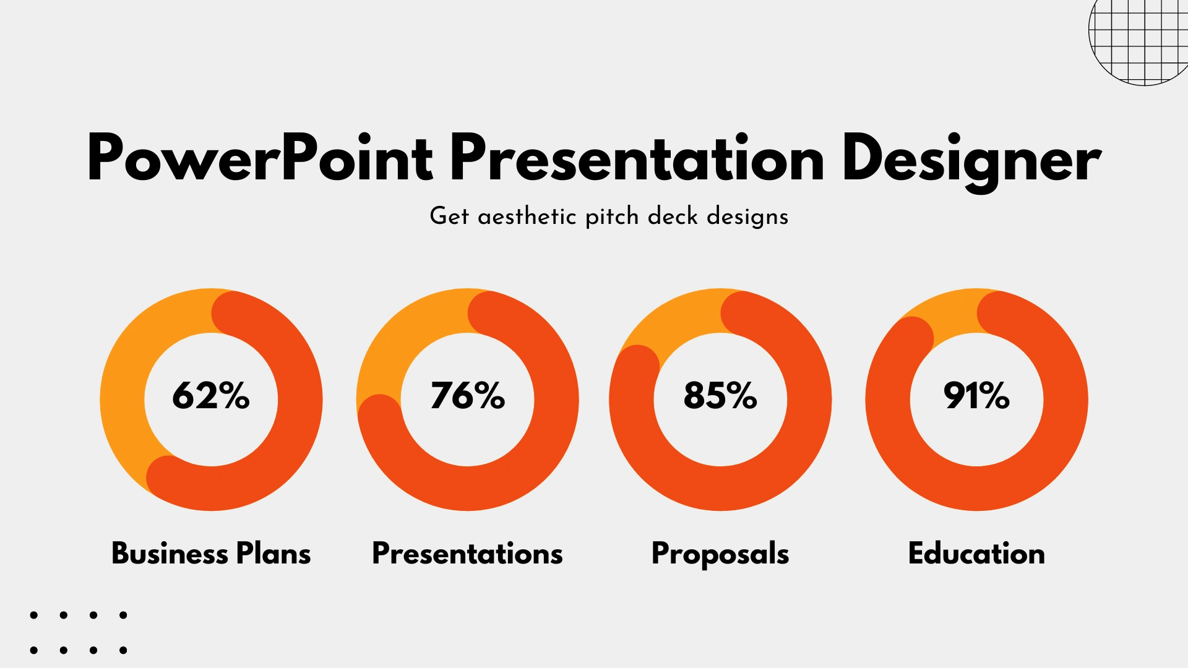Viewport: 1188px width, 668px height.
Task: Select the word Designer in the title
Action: pos(972,162)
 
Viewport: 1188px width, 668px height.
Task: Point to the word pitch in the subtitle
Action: pos(612,217)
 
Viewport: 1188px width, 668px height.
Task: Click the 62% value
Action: pos(211,395)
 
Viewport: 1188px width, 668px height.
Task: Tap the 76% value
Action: pos(468,395)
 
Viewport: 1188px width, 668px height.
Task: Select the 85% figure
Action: pos(720,395)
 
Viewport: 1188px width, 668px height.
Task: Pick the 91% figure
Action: pos(976,395)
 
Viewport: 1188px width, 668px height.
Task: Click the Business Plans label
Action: pos(211,553)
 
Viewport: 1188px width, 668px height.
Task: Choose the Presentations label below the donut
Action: pos(467,553)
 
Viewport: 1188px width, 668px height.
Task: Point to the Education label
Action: pos(976,553)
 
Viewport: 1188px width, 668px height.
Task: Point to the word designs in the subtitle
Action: pos(747,217)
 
